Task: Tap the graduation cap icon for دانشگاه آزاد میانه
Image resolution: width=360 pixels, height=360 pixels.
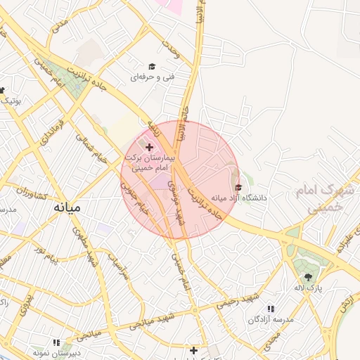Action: pyautogui.click(x=238, y=188)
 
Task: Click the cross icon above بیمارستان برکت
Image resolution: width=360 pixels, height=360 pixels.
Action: pyautogui.click(x=149, y=147)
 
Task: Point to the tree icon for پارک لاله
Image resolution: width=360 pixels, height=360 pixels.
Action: pyautogui.click(x=307, y=276)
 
